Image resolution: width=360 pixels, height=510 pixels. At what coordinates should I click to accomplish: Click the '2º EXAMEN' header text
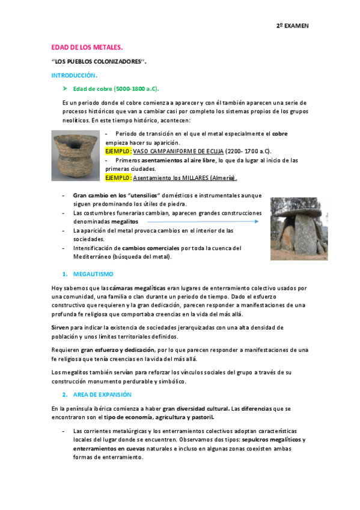pos(291,26)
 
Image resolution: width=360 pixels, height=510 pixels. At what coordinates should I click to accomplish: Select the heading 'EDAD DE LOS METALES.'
pos(87,46)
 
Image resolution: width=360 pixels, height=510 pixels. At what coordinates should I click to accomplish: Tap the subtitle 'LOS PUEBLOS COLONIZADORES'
pos(99,61)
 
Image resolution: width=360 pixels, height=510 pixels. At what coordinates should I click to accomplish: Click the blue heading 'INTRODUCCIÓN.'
pos(74,75)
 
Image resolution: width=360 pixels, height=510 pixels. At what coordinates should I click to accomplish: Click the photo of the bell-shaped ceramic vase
pos(75,155)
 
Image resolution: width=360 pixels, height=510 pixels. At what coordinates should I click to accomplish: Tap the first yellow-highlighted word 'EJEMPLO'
pos(117,151)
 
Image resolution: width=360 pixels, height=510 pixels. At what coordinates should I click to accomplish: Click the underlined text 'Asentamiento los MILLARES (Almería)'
pos(185,178)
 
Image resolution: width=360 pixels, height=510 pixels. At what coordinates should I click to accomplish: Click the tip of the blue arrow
pos(258,221)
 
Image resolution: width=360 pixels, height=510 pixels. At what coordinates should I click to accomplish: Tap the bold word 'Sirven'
pos(61,327)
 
